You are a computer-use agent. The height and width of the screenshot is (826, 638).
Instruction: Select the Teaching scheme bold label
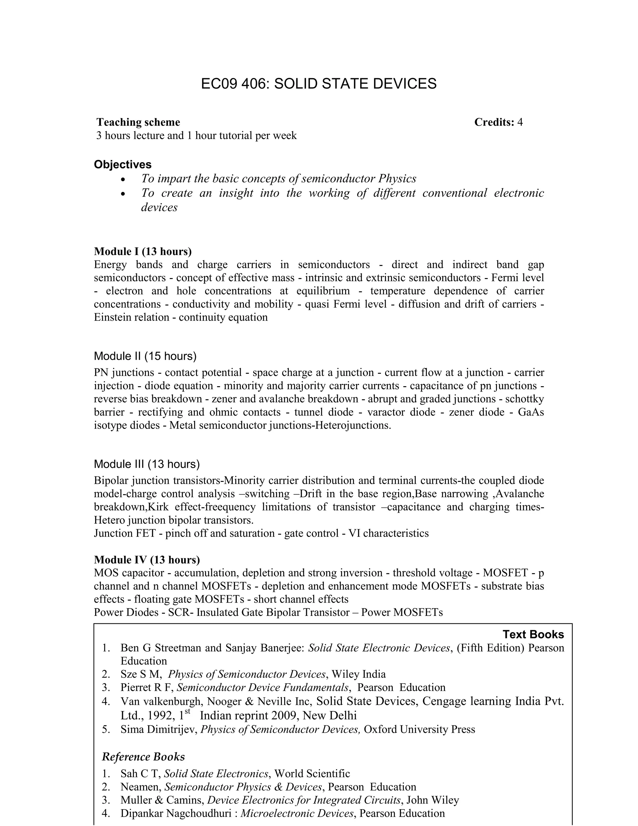pyautogui.click(x=138, y=122)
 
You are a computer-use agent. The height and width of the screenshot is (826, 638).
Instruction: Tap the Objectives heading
pyautogui.click(x=122, y=165)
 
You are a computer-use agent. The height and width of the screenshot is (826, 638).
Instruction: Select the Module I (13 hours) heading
pyautogui.click(x=142, y=252)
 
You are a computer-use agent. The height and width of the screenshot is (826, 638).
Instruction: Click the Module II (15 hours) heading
pyautogui.click(x=145, y=356)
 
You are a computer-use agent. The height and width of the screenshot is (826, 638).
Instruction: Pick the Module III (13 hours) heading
pyautogui.click(x=147, y=464)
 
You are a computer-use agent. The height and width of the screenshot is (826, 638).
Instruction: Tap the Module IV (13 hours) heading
pyautogui.click(x=147, y=560)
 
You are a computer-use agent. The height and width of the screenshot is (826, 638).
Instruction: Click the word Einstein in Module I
pyautogui.click(x=111, y=317)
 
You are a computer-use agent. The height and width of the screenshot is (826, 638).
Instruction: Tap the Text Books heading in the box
pyautogui.click(x=533, y=635)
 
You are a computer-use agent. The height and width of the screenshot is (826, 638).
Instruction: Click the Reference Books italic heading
pyautogui.click(x=143, y=757)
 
